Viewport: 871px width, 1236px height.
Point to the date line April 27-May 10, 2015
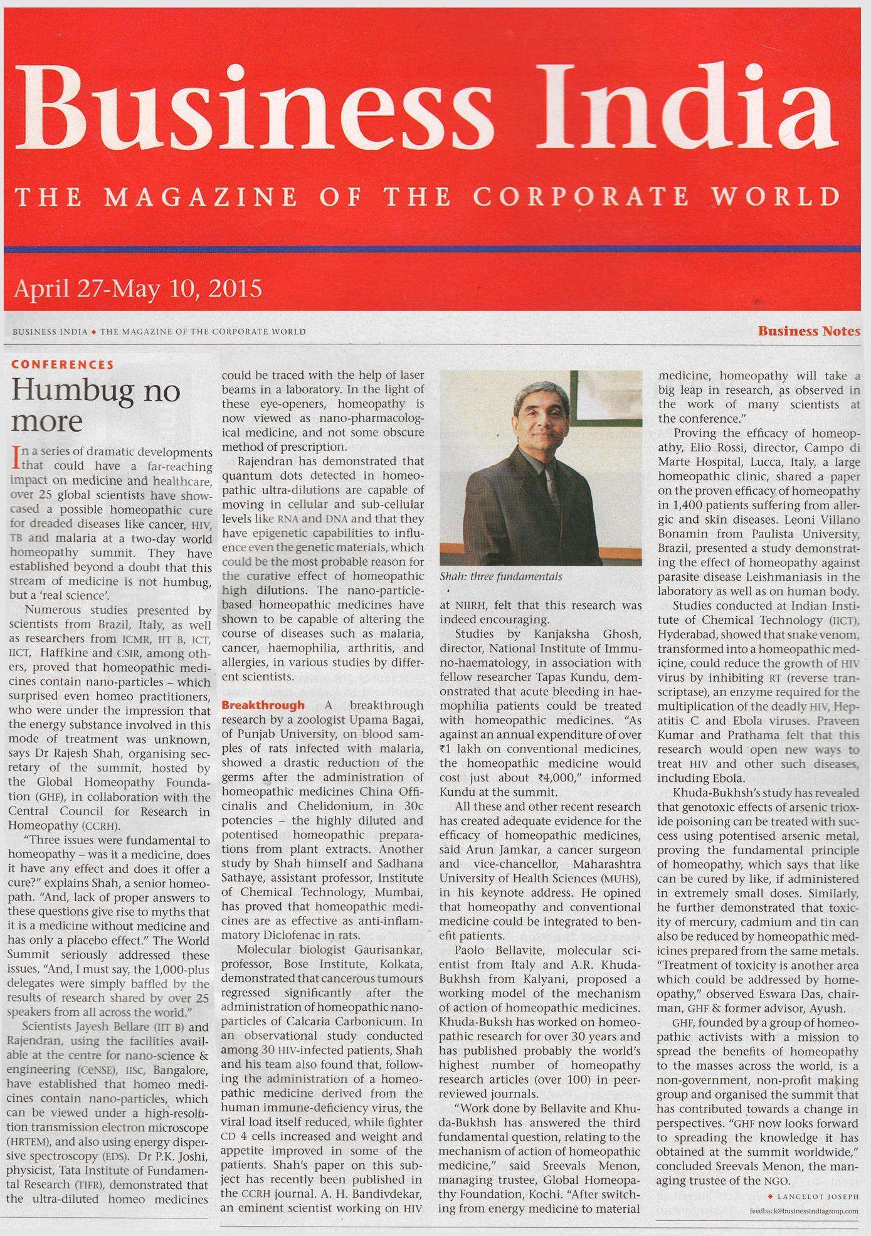coord(137,289)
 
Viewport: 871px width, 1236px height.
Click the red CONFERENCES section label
coord(63,364)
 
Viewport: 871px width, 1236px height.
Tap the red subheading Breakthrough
coord(263,705)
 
